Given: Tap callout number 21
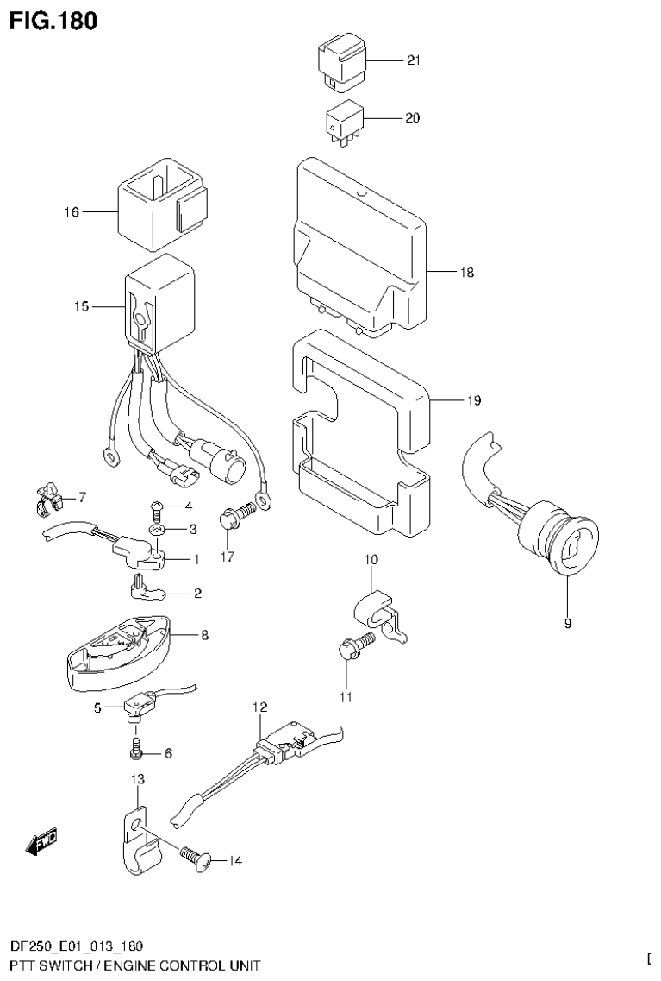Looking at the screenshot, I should pyautogui.click(x=413, y=60).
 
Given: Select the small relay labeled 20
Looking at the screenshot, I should pyautogui.click(x=343, y=121).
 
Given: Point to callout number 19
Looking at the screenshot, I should pyautogui.click(x=474, y=400).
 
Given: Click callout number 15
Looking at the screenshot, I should pyautogui.click(x=82, y=305).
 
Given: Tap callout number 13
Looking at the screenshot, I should pyautogui.click(x=138, y=779).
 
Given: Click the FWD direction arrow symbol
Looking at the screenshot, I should pyautogui.click(x=41, y=841).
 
